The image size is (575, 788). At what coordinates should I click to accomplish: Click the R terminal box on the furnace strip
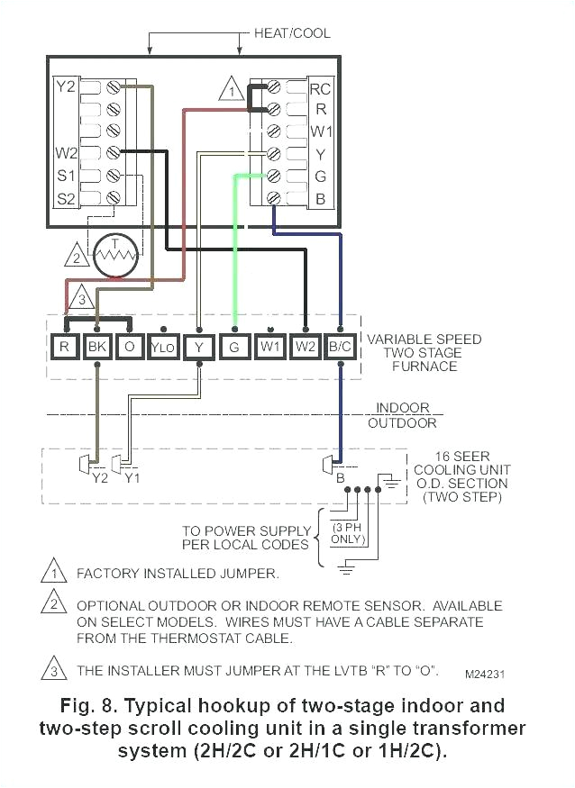[x=64, y=346]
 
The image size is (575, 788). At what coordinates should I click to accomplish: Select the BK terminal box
[x=96, y=346]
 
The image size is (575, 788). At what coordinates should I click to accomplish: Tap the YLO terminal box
[x=162, y=346]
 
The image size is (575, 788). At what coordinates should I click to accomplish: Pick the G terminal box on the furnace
[x=234, y=346]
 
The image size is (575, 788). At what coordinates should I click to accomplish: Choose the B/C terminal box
[x=340, y=346]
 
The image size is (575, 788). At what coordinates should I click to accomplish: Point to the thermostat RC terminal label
[x=319, y=89]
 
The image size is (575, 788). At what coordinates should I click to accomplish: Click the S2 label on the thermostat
[x=67, y=197]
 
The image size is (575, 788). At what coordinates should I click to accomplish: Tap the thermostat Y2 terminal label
[x=66, y=87]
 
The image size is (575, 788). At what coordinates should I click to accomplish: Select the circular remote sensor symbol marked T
[x=114, y=257]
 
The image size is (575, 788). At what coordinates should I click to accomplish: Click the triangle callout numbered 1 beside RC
[x=232, y=91]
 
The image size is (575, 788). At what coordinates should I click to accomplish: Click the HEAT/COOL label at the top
[x=293, y=33]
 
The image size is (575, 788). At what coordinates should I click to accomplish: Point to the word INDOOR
[x=403, y=408]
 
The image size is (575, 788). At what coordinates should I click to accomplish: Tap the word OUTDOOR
[x=406, y=422]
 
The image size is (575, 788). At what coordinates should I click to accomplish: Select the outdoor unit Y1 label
[x=132, y=477]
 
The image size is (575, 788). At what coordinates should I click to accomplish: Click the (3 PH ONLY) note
[x=348, y=532]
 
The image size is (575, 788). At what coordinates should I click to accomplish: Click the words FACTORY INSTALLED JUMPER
[x=178, y=573]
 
